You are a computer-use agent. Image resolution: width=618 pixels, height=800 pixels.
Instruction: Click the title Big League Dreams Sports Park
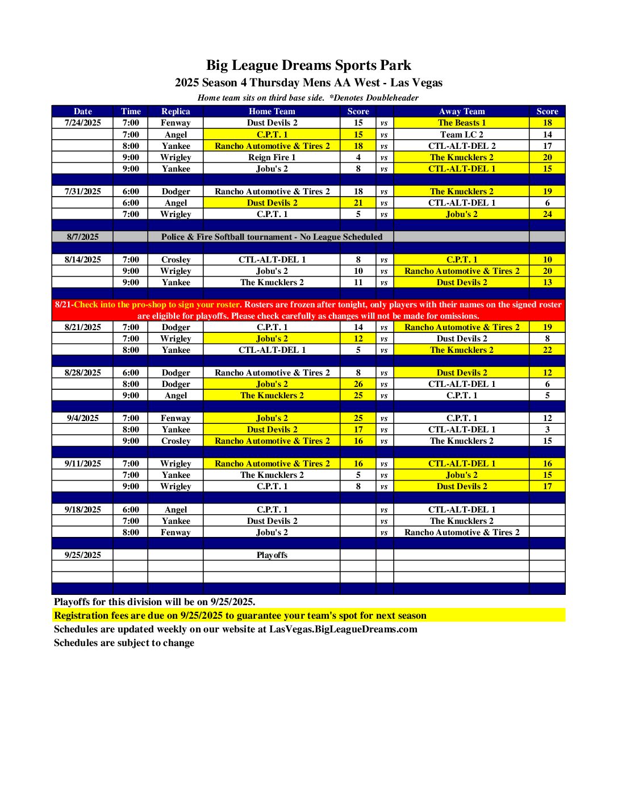(x=308, y=65)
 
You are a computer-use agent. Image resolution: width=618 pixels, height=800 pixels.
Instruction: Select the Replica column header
(x=176, y=111)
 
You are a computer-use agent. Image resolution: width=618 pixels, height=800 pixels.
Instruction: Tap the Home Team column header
(x=272, y=111)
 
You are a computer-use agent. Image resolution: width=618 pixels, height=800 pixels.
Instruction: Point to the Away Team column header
(x=461, y=111)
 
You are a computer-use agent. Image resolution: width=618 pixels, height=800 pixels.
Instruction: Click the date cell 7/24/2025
(x=83, y=123)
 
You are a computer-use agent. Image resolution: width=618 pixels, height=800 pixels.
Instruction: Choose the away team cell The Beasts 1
(x=461, y=123)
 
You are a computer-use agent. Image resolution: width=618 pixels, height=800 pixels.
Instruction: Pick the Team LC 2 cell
(x=461, y=135)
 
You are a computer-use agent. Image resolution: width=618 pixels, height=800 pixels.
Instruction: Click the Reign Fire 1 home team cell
(x=272, y=157)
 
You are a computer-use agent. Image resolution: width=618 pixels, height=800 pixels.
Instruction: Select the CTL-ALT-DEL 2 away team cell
(x=461, y=146)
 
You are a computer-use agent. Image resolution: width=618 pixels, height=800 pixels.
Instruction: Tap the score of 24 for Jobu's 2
(x=547, y=214)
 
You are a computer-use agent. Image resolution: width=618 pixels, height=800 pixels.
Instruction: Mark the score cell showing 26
(x=358, y=384)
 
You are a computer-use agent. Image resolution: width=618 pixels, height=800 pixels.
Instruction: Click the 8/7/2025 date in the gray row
(x=83, y=237)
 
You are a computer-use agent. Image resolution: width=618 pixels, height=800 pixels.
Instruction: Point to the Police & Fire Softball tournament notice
(x=272, y=237)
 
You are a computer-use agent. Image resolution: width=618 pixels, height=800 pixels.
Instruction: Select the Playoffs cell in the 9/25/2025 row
(x=272, y=555)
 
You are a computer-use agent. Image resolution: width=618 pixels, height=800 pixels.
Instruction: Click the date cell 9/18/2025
(x=83, y=510)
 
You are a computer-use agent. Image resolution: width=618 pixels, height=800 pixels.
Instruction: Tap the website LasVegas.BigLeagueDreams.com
(x=343, y=629)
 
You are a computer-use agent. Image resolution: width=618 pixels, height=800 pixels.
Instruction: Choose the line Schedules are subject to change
(x=124, y=643)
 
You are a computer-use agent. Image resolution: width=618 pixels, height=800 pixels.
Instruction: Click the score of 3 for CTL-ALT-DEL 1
(x=547, y=430)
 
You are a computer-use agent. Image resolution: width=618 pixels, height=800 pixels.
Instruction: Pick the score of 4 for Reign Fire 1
(x=358, y=157)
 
